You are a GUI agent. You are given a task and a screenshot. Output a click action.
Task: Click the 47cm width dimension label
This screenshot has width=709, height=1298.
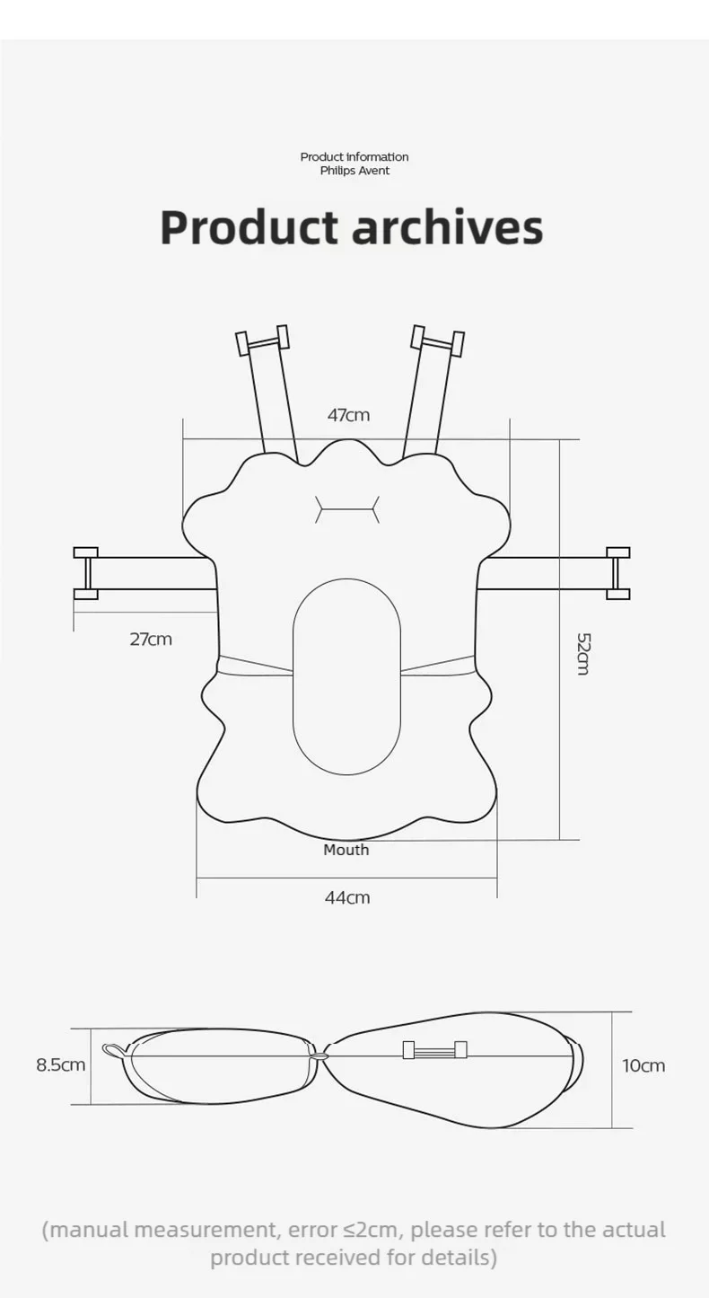(348, 415)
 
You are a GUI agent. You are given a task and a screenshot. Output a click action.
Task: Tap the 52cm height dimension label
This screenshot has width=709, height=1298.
(583, 654)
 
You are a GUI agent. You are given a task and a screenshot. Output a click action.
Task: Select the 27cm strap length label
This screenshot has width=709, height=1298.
(151, 640)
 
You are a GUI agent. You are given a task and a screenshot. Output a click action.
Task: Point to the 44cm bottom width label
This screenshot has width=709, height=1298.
(347, 897)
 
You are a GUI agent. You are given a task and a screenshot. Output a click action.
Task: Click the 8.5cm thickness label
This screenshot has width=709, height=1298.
(61, 1065)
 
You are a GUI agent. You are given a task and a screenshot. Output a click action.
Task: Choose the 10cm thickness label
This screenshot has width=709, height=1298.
(643, 1065)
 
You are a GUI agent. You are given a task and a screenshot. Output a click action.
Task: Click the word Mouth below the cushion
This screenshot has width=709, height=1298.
(346, 850)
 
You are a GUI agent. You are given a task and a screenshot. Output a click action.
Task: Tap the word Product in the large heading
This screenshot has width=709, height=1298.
(249, 227)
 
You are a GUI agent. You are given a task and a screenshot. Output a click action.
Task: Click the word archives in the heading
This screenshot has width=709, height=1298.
(448, 227)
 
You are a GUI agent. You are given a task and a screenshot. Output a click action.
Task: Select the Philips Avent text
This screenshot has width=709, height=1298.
(354, 171)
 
